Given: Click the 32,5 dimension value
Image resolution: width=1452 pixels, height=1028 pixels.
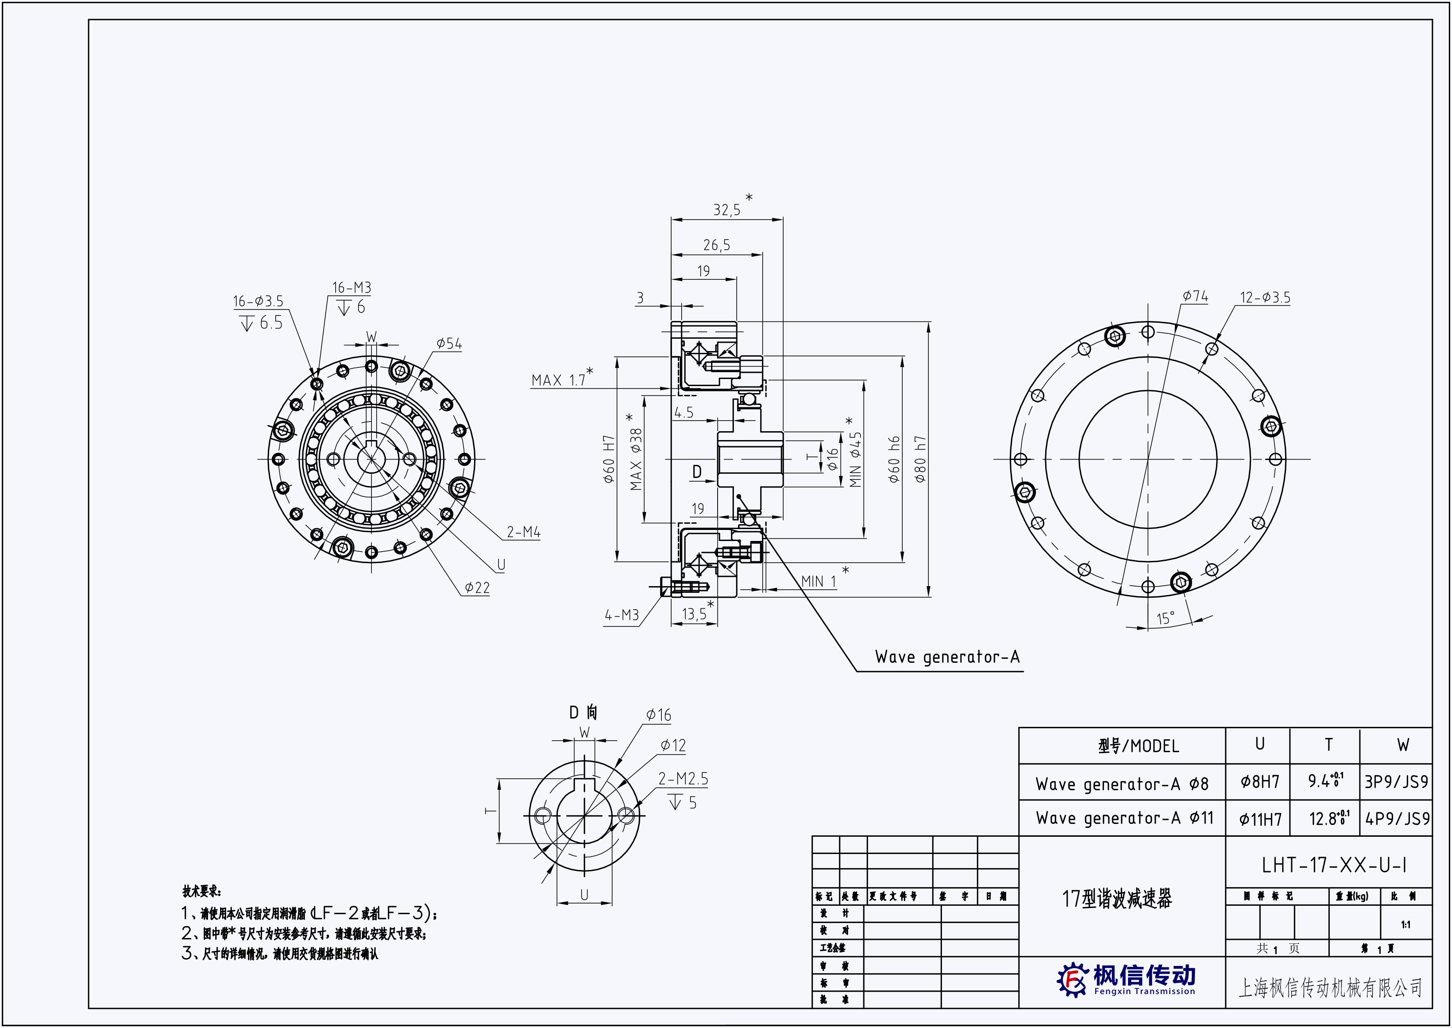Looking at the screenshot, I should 726,209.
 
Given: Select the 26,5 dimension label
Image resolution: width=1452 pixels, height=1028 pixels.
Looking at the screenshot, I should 717,245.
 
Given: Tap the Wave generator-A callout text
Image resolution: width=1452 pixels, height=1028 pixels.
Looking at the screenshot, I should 947,657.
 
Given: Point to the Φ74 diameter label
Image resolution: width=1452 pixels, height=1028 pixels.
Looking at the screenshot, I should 1195,296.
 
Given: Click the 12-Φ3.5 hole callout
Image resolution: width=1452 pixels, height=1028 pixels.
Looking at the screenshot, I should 1265,298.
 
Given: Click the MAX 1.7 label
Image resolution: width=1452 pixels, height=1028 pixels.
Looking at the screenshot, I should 559,380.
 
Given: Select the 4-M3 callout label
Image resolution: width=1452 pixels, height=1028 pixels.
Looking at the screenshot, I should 622,614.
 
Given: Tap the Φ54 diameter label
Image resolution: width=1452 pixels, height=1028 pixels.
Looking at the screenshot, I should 449,344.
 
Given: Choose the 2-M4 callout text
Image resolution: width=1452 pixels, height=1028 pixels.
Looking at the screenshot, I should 523,532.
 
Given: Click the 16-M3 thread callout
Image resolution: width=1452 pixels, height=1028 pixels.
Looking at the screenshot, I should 352,287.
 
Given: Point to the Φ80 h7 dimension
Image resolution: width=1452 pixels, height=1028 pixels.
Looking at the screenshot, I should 920,459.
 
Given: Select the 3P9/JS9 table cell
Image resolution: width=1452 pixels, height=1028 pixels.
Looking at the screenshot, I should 1396,782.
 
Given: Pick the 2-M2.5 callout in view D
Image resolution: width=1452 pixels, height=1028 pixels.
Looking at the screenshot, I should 683,779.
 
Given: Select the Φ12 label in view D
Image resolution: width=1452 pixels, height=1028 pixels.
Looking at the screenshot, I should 673,746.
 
